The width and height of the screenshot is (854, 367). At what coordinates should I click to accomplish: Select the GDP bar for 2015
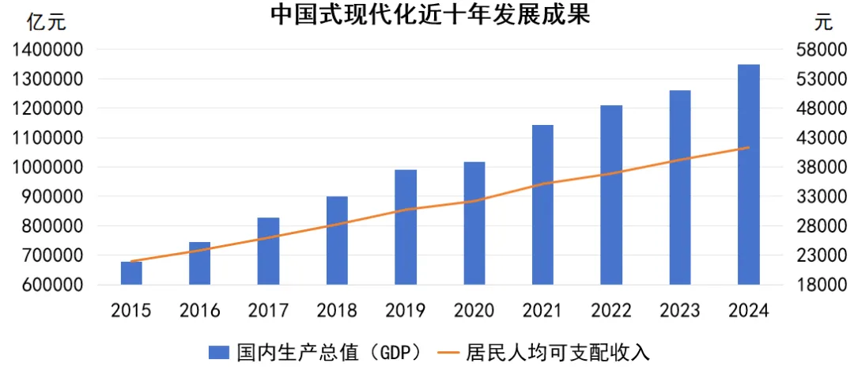[131, 273]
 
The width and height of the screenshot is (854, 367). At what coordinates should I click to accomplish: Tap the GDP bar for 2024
[748, 174]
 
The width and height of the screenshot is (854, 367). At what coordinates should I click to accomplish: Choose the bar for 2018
[337, 240]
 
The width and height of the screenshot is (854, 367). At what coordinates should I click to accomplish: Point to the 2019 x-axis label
[406, 311]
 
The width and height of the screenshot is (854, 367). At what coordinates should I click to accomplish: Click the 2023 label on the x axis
[680, 311]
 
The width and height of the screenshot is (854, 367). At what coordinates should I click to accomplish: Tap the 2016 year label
[200, 311]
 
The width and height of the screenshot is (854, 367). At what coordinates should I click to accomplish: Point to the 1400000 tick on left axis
[49, 50]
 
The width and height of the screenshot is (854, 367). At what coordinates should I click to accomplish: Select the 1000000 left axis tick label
[49, 168]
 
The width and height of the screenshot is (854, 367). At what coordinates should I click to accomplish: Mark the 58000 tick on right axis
[814, 50]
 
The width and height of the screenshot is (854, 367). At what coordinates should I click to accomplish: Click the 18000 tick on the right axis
[814, 285]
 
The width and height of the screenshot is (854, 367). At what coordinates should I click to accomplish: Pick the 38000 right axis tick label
[814, 168]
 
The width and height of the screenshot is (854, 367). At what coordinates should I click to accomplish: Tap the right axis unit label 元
[824, 21]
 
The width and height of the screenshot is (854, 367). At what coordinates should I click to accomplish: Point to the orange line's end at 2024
[748, 148]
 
